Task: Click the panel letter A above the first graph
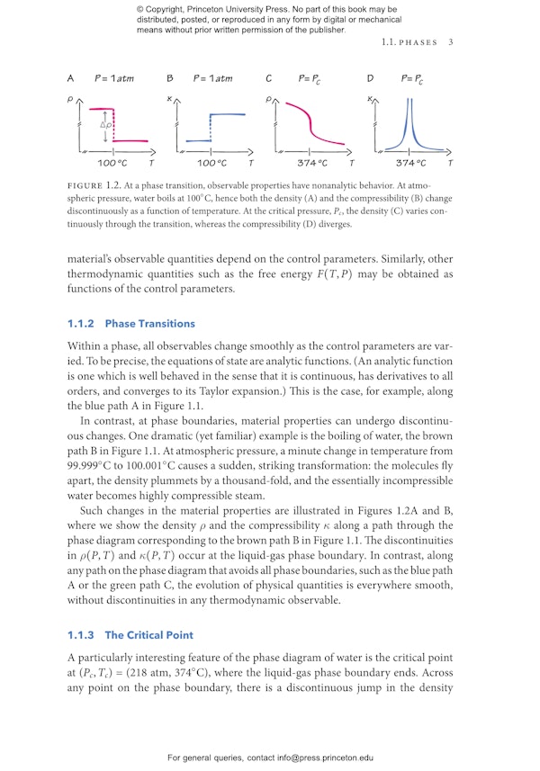coord(71,79)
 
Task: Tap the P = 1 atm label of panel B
coord(213,79)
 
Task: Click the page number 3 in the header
coord(450,41)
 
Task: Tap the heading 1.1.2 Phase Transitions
coord(130,323)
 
